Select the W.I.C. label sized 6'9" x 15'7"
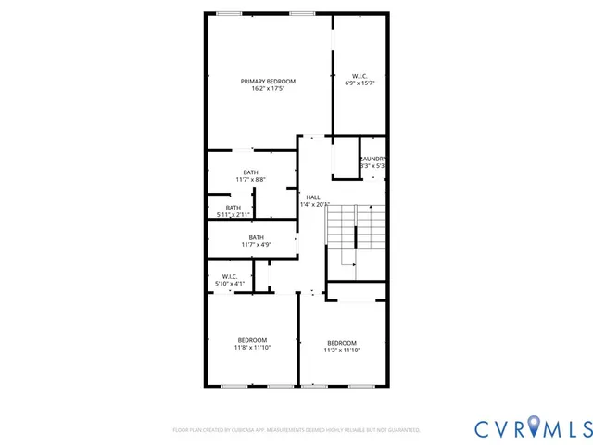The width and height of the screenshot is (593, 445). coord(360,76)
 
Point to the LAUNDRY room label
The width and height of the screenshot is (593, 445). coord(372,159)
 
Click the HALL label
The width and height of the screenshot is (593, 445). coord(313,197)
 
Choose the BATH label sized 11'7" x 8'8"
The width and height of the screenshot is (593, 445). coord(251,172)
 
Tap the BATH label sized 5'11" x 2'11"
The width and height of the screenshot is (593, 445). coord(233,207)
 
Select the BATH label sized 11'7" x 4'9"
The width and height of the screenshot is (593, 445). coord(256,237)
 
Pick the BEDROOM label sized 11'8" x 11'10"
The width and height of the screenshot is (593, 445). coord(252,340)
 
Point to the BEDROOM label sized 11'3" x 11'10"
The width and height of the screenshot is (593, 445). coord(341,342)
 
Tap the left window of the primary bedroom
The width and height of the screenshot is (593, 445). coord(228,13)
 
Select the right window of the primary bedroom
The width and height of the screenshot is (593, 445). coord(301,13)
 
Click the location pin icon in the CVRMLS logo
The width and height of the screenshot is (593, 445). coord(539,427)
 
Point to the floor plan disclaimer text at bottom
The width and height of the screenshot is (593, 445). coord(296,430)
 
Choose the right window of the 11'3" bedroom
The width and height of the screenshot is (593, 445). coord(360,386)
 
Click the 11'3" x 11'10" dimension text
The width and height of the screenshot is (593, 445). coord(341,350)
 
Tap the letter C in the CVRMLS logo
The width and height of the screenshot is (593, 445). coord(484,428)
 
